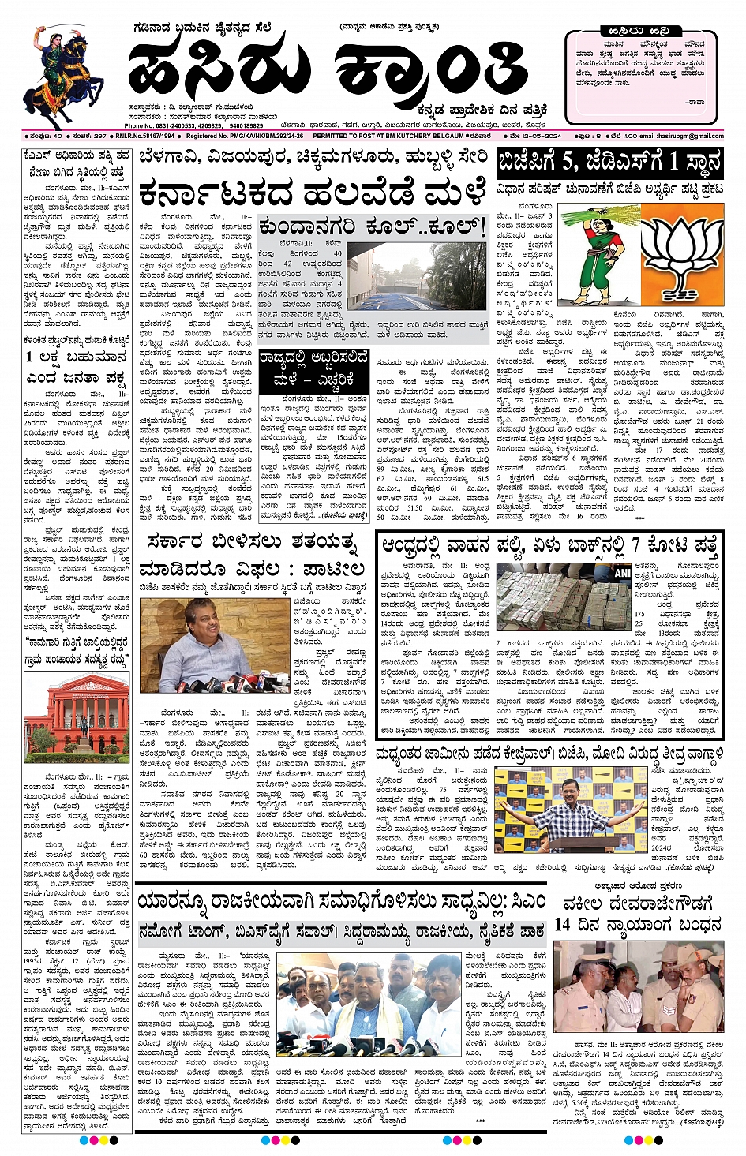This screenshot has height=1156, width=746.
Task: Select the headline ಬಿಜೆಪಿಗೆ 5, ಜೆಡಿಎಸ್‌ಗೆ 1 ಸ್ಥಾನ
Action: coord(609,163)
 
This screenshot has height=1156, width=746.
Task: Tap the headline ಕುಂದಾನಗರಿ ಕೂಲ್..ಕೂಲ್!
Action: coord(372,227)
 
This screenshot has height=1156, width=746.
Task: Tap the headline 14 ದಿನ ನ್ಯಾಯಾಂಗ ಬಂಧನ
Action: coord(638,924)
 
